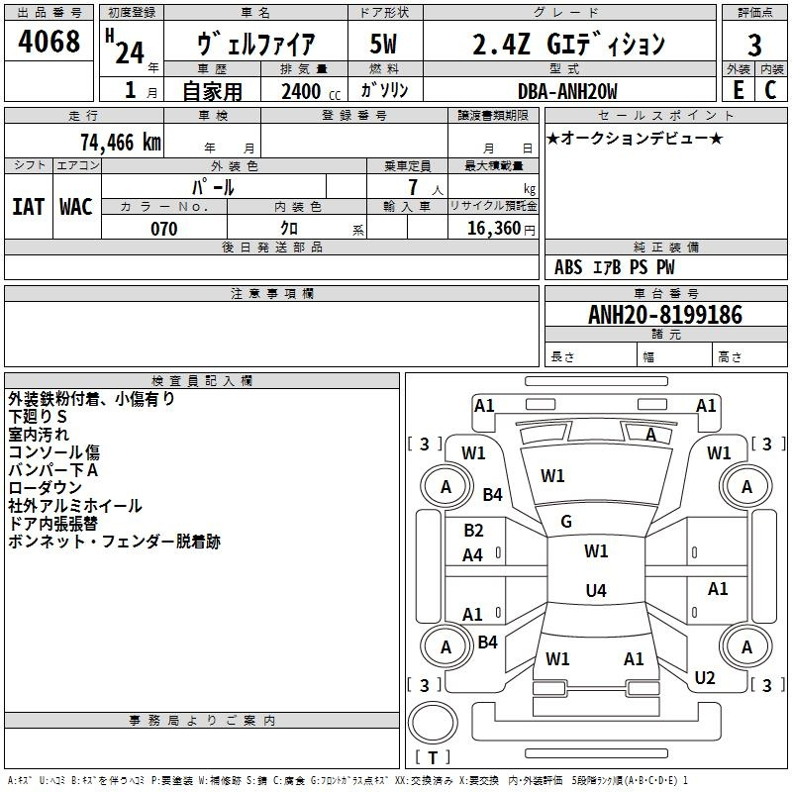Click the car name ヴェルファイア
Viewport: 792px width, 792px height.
256,45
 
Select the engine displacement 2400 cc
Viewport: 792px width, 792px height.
301,92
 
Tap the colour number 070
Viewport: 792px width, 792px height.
163,229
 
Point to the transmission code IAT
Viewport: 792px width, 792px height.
28,207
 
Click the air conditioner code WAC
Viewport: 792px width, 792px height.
76,207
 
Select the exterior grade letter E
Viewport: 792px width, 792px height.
738,90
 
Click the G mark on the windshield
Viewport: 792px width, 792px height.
566,522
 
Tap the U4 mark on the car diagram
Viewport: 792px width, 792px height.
595,591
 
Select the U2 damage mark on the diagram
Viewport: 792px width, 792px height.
705,678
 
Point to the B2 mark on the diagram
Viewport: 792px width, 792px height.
473,531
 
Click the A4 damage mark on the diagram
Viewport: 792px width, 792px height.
472,555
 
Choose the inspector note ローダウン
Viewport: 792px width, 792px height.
45,488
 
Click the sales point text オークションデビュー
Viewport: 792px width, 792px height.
635,138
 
